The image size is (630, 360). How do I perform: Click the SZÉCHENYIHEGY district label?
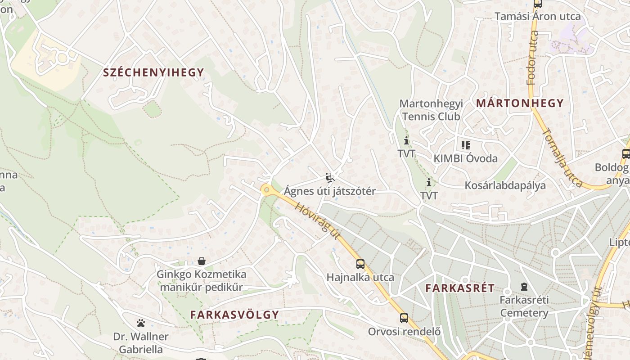pos(153,72)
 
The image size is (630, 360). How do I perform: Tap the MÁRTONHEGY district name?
pos(520,103)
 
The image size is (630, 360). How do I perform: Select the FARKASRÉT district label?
pos(460,288)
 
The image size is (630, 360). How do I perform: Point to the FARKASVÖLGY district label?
pos(234,315)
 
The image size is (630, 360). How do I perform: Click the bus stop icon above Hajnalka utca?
pos(360,264)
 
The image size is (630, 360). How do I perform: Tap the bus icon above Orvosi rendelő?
pos(404,318)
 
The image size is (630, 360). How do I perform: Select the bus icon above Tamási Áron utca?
pos(537,4)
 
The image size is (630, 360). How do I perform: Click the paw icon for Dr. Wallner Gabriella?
pos(141,323)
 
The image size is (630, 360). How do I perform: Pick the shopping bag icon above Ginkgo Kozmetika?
pos(201,261)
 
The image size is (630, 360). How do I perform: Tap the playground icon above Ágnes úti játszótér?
pos(330,178)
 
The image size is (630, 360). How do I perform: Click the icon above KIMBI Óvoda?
pos(465,145)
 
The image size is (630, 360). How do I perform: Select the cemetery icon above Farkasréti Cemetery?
pos(524,286)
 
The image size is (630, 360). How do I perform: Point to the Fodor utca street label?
pos(532,64)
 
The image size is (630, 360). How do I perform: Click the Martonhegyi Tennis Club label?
pos(431,110)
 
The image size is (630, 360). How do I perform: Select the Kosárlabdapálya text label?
pos(505,185)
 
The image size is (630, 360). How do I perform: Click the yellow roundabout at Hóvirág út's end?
pos(267,190)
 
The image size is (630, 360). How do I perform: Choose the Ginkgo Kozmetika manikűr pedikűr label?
pos(201,281)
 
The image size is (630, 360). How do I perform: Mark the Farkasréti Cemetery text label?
pos(524,306)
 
